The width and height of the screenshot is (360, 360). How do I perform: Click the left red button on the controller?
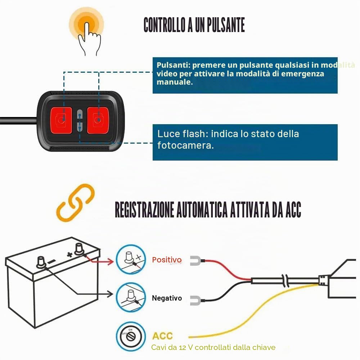[x=61, y=120]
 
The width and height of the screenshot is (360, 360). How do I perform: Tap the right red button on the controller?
[x=98, y=120]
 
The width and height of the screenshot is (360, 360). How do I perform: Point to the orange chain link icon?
[x=75, y=203]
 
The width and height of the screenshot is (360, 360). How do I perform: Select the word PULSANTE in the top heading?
[x=226, y=25]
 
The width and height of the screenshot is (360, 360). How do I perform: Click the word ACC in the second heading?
[x=293, y=210]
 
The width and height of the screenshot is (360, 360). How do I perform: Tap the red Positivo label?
[x=167, y=260]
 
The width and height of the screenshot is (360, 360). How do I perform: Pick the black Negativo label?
[x=167, y=298]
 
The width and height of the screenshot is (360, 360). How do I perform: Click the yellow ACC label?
[x=163, y=336]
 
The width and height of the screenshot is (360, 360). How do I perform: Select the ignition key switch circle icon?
[x=131, y=337]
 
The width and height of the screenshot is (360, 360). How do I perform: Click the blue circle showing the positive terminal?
[x=131, y=260]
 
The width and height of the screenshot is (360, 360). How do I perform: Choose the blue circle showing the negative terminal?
[x=131, y=298]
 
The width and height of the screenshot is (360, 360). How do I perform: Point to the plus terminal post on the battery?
[x=79, y=249]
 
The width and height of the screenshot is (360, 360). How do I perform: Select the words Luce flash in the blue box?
[x=183, y=134]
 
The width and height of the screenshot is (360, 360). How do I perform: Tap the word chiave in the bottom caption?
[x=264, y=347]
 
